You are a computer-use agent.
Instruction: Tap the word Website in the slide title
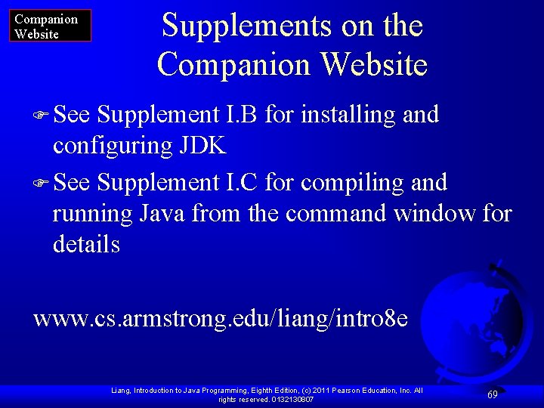[x=374, y=65]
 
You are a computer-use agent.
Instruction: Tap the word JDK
[x=202, y=145]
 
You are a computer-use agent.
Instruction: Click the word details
[x=86, y=244]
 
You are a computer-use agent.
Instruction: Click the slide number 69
[x=492, y=394]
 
